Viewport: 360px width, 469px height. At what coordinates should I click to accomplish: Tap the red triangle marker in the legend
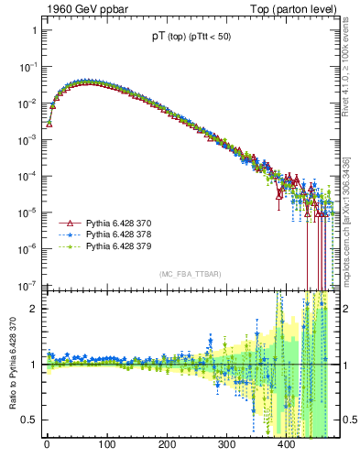pyautogui.click(x=65, y=223)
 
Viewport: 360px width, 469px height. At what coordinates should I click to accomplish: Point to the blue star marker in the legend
pyautogui.click(x=65, y=235)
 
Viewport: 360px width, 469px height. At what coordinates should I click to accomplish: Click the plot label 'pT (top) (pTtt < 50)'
pyautogui.click(x=191, y=38)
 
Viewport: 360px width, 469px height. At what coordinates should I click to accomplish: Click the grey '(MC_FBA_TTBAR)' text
pyautogui.click(x=191, y=275)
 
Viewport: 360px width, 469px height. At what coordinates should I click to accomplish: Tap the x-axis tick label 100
pyautogui.click(x=106, y=446)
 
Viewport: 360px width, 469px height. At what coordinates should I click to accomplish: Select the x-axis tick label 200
pyautogui.click(x=167, y=446)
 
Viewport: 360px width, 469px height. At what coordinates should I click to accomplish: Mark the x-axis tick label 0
pyautogui.click(x=47, y=446)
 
